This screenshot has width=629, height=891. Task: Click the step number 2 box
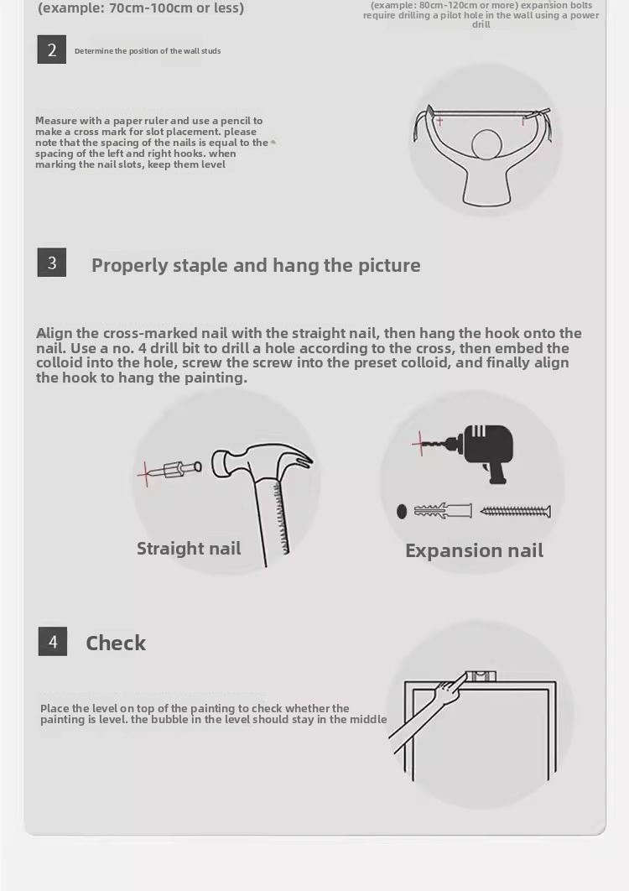coord(52,49)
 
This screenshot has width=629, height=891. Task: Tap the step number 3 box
coord(52,263)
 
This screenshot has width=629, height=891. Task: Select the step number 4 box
coord(52,642)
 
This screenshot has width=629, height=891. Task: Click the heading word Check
coord(116,643)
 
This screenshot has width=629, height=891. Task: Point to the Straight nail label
coord(189,549)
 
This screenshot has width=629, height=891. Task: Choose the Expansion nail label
coord(475,550)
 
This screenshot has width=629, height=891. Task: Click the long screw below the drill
coord(515,512)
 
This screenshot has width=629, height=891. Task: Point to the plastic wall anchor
coord(443,510)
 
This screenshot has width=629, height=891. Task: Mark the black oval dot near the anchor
coord(402,512)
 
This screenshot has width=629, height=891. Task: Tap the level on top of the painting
coord(480,676)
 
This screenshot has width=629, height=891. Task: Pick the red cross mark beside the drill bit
coord(420,443)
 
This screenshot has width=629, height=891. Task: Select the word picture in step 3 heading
coord(389,265)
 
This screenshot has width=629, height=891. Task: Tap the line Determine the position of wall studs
coord(148,51)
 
